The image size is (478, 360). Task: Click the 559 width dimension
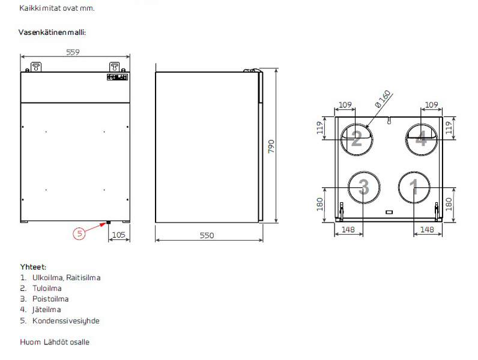[73, 52]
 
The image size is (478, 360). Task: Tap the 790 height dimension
[271, 146]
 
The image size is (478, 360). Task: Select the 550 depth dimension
[207, 235]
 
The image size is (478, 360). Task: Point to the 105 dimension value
[118, 235]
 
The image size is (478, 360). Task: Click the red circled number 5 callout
[79, 233]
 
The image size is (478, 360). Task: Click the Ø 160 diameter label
[383, 98]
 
